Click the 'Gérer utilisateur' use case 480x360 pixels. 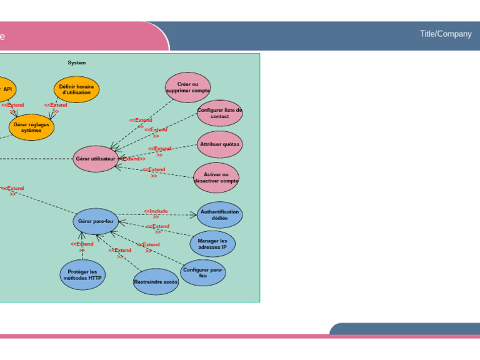pyautogui.click(x=96, y=159)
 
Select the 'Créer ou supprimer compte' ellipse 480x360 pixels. pyautogui.click(x=188, y=87)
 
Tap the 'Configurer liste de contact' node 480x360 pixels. pyautogui.click(x=219, y=113)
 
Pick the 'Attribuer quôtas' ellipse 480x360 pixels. pyautogui.click(x=219, y=144)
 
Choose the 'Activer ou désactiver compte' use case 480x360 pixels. pyautogui.click(x=216, y=177)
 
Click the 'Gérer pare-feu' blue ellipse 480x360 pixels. pyautogui.click(x=96, y=221)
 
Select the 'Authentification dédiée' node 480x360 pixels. pyautogui.click(x=219, y=215)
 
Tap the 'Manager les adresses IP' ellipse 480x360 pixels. pyautogui.click(x=212, y=244)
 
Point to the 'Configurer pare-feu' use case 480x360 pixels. pyautogui.click(x=203, y=272)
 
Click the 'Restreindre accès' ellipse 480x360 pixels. pyautogui.click(x=156, y=282)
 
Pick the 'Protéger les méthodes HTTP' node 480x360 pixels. pyautogui.click(x=82, y=275)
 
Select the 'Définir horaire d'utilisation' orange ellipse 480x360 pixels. pyautogui.click(x=76, y=89)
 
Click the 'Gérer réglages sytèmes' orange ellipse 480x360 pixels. pyautogui.click(x=31, y=127)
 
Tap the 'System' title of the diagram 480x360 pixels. pyautogui.click(x=77, y=62)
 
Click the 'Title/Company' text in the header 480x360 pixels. pyautogui.click(x=446, y=34)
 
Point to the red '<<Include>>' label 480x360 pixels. pyautogui.click(x=156, y=214)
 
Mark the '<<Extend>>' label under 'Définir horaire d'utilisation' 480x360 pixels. pyautogui.click(x=56, y=107)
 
